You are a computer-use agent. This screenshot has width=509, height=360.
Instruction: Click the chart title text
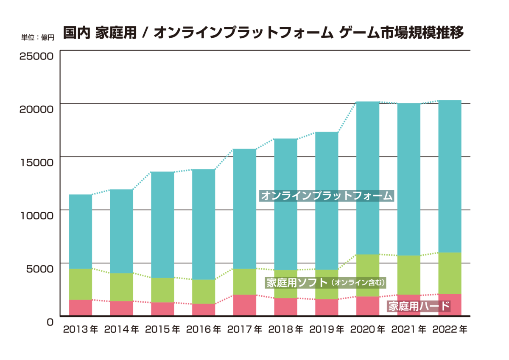(x=263, y=33)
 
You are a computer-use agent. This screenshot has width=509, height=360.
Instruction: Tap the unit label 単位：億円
(x=38, y=37)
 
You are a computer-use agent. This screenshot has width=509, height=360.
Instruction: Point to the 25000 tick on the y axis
(x=36, y=56)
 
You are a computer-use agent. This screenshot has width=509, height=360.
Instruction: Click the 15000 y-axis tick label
(x=36, y=162)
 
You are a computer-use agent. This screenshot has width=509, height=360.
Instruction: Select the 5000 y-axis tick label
(x=39, y=268)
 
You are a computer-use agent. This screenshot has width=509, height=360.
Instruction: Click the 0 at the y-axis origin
(x=50, y=321)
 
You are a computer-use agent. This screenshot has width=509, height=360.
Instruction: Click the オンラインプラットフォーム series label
(x=327, y=196)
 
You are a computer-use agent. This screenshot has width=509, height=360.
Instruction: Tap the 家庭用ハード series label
(x=418, y=306)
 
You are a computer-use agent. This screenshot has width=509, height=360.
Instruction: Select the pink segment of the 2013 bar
(x=81, y=307)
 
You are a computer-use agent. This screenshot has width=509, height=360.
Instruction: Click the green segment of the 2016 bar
(x=204, y=291)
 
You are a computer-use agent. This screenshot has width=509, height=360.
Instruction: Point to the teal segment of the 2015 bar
(x=162, y=225)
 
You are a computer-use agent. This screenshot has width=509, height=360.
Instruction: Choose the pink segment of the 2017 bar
(x=245, y=305)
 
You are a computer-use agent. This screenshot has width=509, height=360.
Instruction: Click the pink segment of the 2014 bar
(x=122, y=308)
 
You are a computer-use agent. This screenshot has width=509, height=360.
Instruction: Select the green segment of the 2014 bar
(x=122, y=287)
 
